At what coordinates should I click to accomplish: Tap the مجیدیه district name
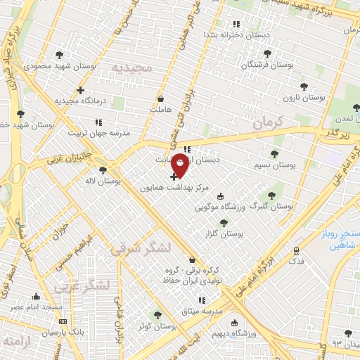pos(131,68)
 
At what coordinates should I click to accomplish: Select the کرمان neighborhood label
pos(267,122)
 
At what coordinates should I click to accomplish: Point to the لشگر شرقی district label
pos(165,247)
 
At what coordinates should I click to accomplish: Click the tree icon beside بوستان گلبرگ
pos(271,196)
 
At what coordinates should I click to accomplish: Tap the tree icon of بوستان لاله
pos(103,170)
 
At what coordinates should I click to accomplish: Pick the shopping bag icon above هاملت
pos(161,99)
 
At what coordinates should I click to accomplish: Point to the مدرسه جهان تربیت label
pos(99,132)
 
